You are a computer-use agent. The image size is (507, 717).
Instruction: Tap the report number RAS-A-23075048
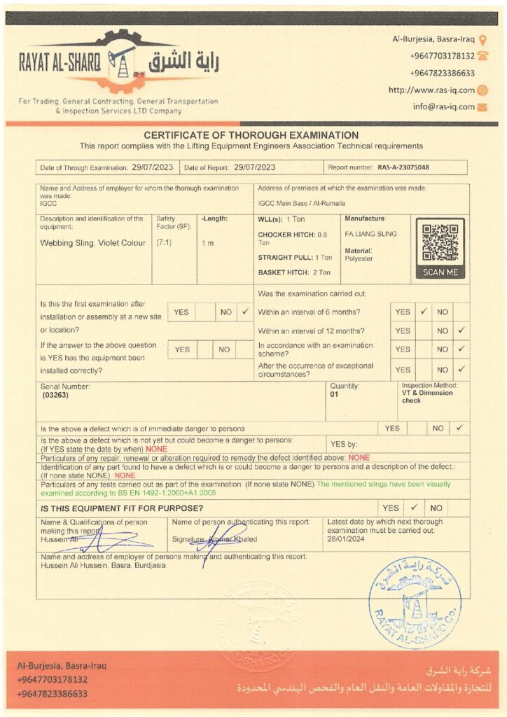pyautogui.click(x=403, y=168)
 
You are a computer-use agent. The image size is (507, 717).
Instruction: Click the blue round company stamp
pyautogui.click(x=415, y=592)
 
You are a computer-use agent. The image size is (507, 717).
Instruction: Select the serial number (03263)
pyautogui.click(x=56, y=396)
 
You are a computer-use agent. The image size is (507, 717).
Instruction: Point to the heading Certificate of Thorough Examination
pyautogui.click(x=251, y=135)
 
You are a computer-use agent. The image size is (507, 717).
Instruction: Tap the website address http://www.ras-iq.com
pyautogui.click(x=431, y=90)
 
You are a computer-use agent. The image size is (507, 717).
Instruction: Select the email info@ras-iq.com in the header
pyautogui.click(x=443, y=107)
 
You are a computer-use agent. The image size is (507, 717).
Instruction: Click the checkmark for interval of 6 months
pyautogui.click(x=423, y=312)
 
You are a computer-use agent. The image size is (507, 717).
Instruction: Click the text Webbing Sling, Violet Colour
pyautogui.click(x=93, y=243)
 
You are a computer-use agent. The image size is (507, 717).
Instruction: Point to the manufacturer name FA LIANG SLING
pyautogui.click(x=370, y=234)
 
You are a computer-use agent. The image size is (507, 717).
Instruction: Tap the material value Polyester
pyautogui.click(x=359, y=258)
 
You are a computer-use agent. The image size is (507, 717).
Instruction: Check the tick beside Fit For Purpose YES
pyautogui.click(x=415, y=508)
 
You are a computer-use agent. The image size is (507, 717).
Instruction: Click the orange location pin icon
pyautogui.click(x=482, y=39)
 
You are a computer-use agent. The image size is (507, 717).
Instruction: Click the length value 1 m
pyautogui.click(x=207, y=243)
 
